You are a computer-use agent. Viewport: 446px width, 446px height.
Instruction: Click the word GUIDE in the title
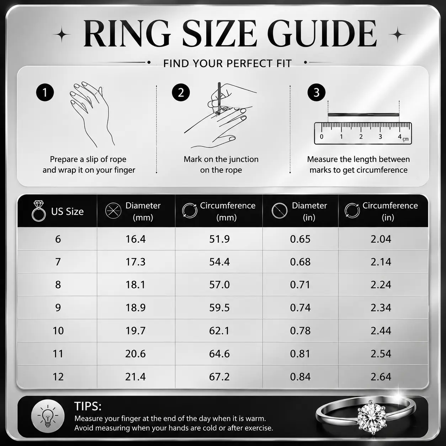tap(323, 33)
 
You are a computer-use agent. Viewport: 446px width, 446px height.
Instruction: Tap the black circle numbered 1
tap(45, 92)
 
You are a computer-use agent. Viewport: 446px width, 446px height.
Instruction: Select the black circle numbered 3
tap(317, 92)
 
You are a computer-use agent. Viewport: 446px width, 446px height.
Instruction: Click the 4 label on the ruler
tap(400, 137)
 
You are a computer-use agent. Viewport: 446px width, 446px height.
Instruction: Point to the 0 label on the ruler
tap(322, 137)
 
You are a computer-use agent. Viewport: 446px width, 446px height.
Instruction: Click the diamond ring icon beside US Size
tap(39, 211)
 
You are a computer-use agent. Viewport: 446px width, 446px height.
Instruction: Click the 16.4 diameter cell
tap(136, 239)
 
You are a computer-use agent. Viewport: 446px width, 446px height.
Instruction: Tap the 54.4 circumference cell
tap(219, 262)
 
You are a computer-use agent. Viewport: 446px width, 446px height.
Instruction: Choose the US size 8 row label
tap(58, 285)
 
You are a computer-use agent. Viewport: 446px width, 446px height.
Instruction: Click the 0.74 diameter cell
tap(300, 307)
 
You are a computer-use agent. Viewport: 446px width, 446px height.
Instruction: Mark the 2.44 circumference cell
tap(381, 330)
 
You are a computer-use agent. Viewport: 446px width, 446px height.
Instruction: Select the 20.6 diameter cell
tap(136, 354)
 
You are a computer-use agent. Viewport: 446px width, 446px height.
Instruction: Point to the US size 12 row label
tap(58, 377)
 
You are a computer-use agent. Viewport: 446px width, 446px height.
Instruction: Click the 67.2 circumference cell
tap(219, 377)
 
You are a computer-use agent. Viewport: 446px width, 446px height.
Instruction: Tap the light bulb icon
tap(48, 416)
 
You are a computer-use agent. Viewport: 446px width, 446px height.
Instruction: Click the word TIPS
tap(88, 406)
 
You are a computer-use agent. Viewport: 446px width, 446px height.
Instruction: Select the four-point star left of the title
tap(62, 34)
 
